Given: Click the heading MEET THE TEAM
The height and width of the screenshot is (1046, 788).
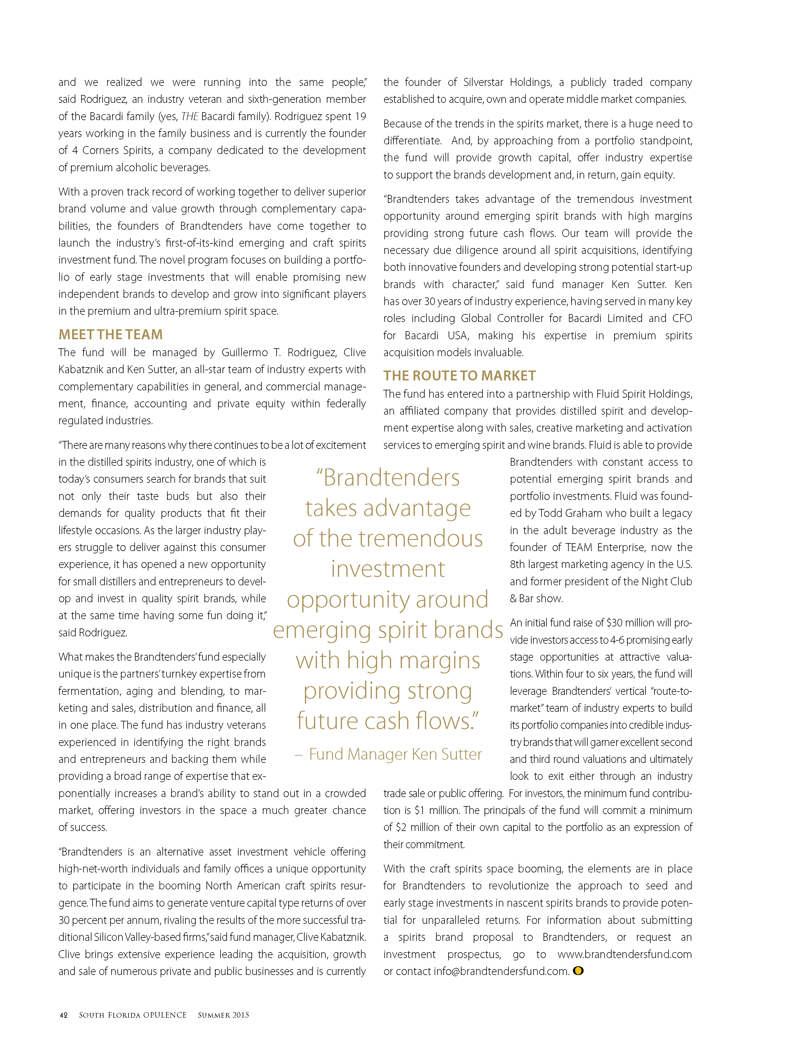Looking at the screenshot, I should coord(111,335).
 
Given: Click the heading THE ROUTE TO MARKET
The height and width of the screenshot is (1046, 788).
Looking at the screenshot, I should coord(459,376).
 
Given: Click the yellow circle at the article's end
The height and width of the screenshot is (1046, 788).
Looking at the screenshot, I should coord(578,971).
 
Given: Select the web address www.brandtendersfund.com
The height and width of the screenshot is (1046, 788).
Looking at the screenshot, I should coord(624,954).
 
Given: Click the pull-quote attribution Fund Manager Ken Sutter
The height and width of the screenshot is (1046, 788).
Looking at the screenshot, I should coord(395,754).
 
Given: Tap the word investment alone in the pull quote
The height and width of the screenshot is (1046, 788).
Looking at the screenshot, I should coord(388,569).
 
